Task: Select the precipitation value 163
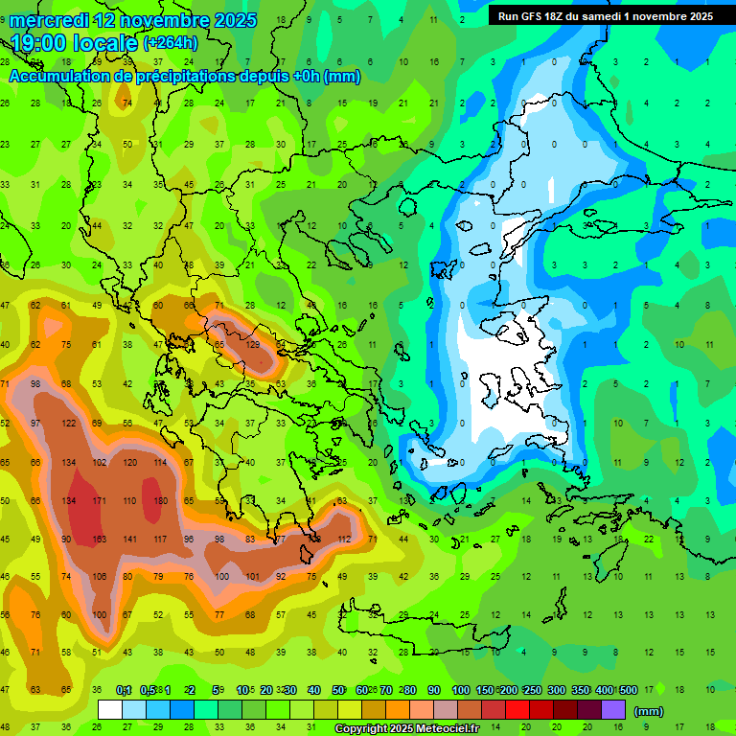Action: coord(99,540)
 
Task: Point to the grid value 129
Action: coord(253,344)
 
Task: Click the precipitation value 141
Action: coord(130,540)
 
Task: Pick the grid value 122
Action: coord(68,424)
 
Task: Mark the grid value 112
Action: coord(344,540)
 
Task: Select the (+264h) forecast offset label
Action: coord(171,43)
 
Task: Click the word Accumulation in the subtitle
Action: coord(61,77)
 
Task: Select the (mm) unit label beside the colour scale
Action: coord(649,711)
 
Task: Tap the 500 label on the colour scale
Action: coord(628,691)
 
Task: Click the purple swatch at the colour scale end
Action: coord(613,710)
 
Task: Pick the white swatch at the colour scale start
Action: coord(110,710)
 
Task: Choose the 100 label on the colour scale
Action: coord(460,691)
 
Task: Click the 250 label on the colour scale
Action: coord(532,691)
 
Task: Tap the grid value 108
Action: coord(99,577)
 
